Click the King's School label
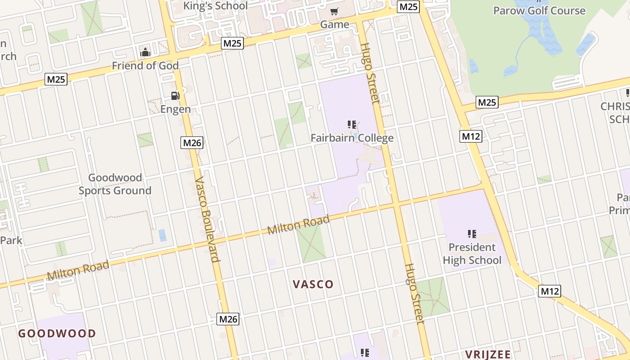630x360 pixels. point(216,6)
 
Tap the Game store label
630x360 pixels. point(335,24)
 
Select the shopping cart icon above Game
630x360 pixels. point(334,11)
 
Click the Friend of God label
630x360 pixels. point(145,66)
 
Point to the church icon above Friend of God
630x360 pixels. point(145,52)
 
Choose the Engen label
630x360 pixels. point(175,109)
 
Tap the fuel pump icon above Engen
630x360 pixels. point(175,95)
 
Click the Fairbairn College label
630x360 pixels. point(352,138)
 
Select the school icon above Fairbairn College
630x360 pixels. point(352,124)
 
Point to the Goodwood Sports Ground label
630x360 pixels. point(115,184)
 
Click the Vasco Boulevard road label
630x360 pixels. point(207,219)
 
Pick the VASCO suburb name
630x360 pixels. point(313,284)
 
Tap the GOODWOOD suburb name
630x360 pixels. point(57,333)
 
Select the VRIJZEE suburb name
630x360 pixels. point(488,354)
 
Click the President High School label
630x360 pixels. point(472,254)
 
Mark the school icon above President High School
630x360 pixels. point(472,234)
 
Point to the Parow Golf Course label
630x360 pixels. point(539,10)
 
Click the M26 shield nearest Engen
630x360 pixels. point(193,143)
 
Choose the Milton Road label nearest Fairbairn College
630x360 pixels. point(298,225)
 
